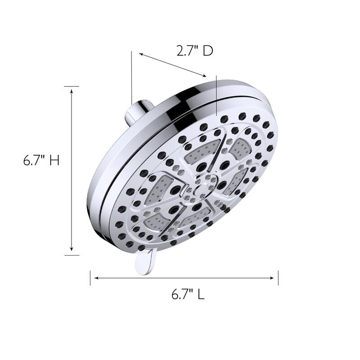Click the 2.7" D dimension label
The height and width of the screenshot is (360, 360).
tap(194, 51)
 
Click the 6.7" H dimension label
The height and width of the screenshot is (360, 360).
tap(41, 161)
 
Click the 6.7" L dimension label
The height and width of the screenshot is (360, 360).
tap(188, 295)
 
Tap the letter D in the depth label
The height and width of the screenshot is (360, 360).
tap(207, 51)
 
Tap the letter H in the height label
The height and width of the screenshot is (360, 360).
tap(54, 161)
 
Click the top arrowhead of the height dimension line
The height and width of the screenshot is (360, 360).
tap(72, 90)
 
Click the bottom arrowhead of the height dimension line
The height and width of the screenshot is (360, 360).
tap(72, 251)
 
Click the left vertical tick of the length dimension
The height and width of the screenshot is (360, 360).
tap(90, 278)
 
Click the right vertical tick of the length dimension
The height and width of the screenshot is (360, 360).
tap(278, 278)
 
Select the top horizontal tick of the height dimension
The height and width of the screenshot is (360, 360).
tap(72, 86)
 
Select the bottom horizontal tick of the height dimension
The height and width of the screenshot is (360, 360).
tap(72, 255)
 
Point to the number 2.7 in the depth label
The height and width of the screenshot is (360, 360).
tap(186, 51)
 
